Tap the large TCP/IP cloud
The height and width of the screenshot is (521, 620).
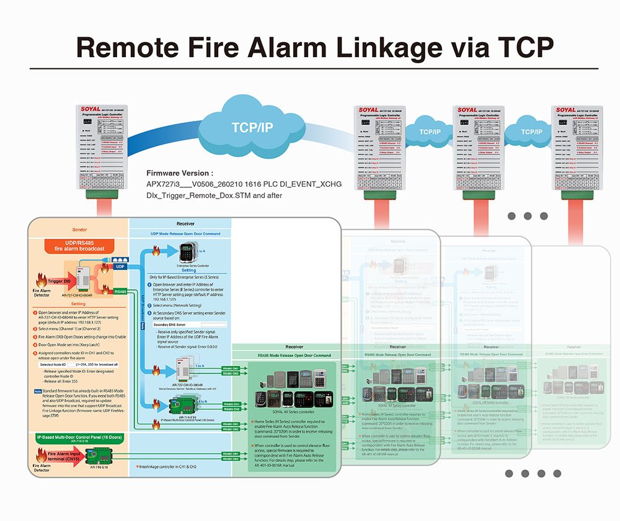click(252, 127)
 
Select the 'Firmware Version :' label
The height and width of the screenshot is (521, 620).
click(180, 173)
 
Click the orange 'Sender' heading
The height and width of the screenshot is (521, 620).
click(80, 228)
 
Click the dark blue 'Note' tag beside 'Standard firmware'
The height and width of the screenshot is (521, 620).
click(38, 391)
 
